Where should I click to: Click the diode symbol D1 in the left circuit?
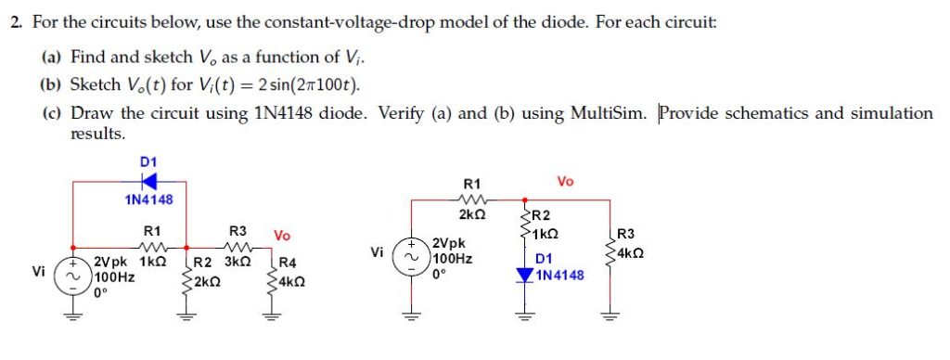pos(148,179)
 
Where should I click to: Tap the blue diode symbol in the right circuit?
pos(525,276)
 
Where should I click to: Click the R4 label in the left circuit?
pos(288,263)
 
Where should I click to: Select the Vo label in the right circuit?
pos(567,181)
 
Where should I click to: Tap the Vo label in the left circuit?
pos(282,236)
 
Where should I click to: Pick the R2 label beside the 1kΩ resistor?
pos(543,216)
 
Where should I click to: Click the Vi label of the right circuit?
pos(376,251)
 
